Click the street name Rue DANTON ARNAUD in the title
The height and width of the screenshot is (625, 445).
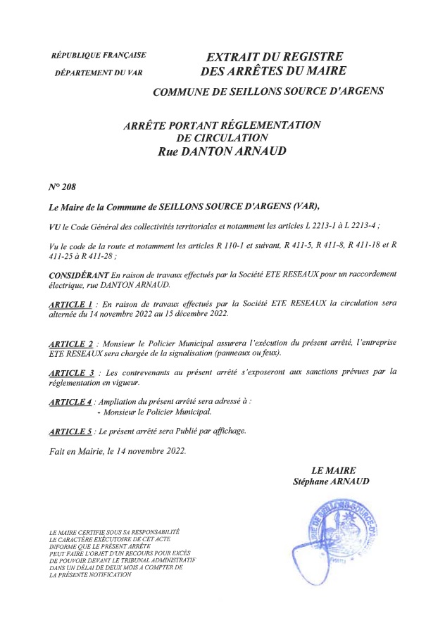222,151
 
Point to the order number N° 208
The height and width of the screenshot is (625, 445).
61,188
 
